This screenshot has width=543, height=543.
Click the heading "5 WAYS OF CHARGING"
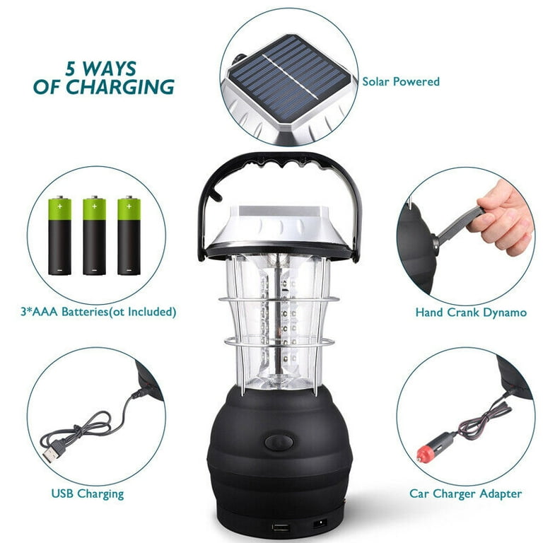pyautogui.click(x=103, y=78)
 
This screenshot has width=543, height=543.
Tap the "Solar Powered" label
pyautogui.click(x=401, y=82)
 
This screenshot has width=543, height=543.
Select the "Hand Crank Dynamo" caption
pyautogui.click(x=470, y=313)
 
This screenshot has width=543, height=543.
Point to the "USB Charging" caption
pyautogui.click(x=88, y=494)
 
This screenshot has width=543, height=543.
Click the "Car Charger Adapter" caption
pyautogui.click(x=465, y=494)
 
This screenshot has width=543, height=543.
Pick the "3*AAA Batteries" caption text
pyautogui.click(x=99, y=311)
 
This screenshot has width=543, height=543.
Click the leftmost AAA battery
pyautogui.click(x=59, y=236)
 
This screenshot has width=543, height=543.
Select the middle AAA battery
pyautogui.click(x=94, y=236)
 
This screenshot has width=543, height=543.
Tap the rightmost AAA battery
pyautogui.click(x=129, y=236)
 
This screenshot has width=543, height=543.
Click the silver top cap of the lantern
pyautogui.click(x=281, y=225)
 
